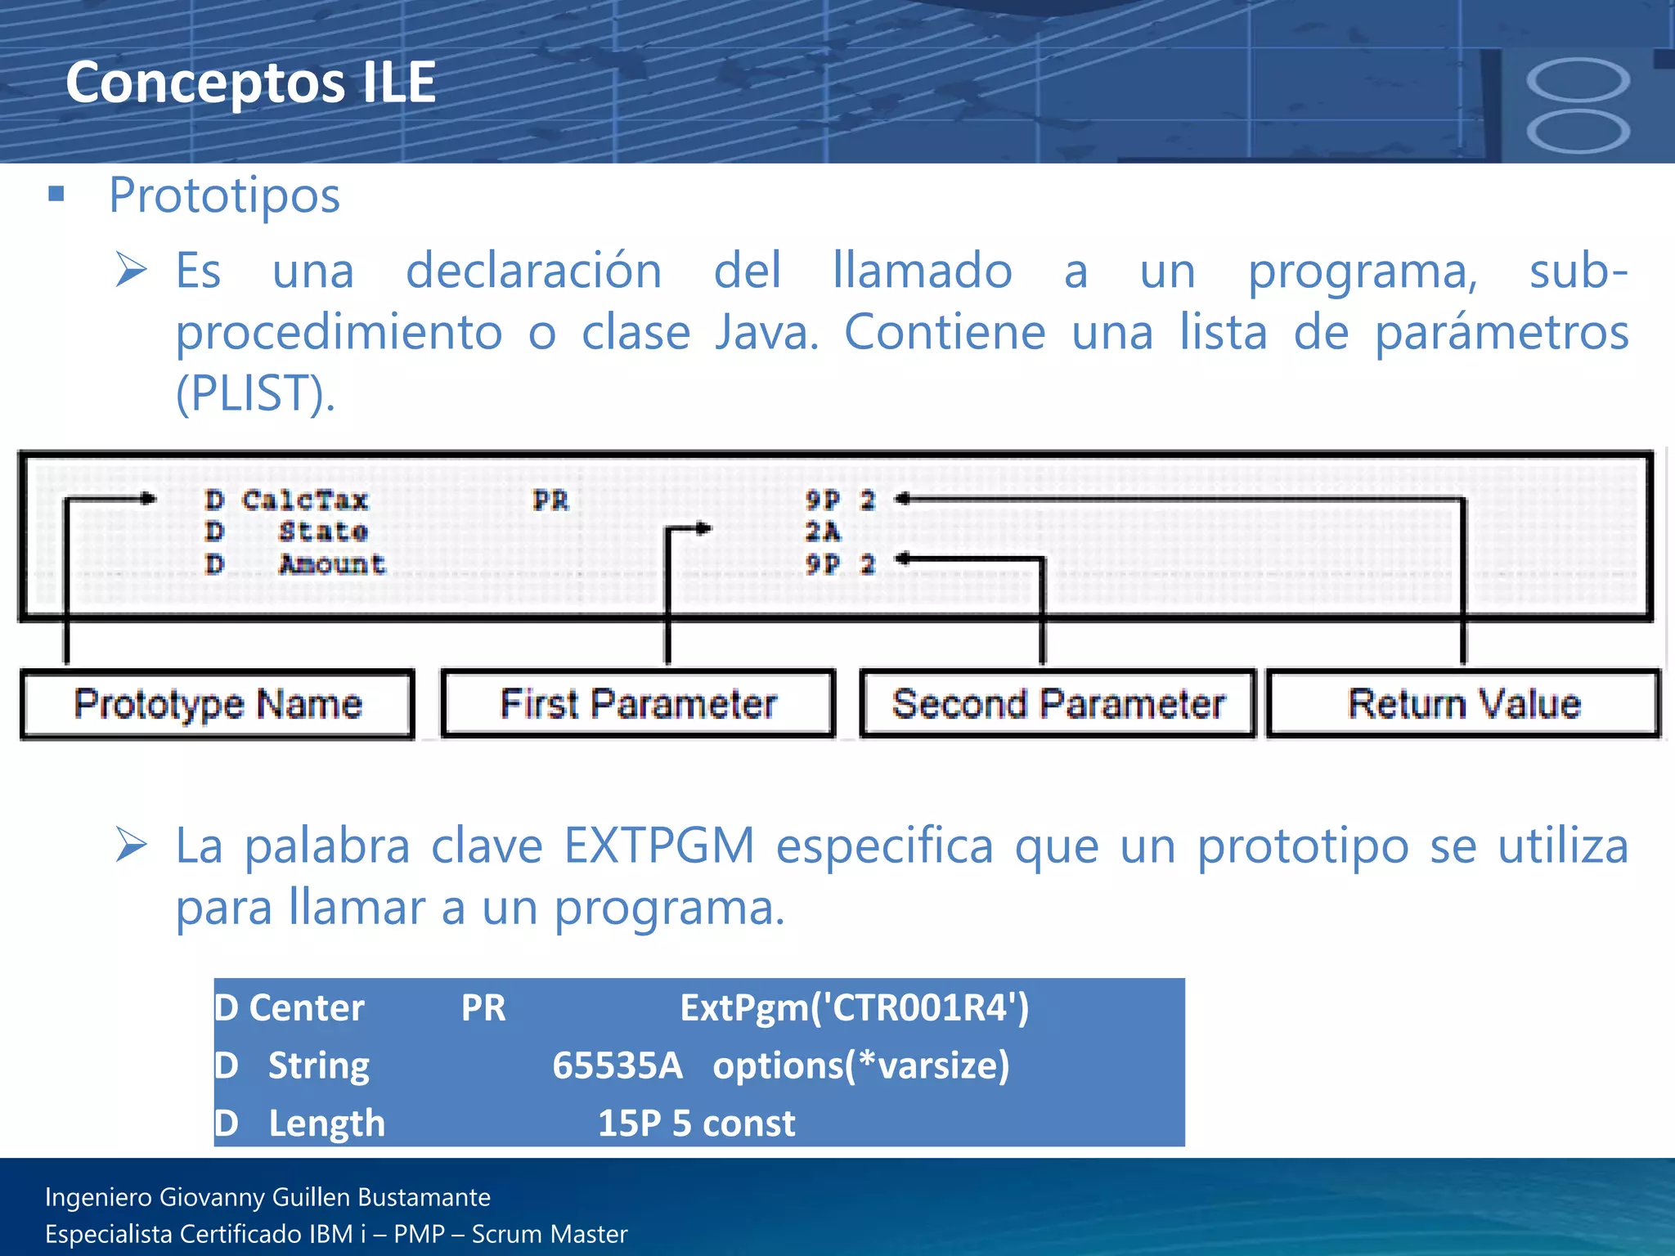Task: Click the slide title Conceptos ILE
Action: point(250,83)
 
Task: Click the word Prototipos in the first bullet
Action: point(224,196)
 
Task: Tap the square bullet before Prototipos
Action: point(56,194)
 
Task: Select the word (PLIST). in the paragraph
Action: point(255,393)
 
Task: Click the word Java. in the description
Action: point(766,333)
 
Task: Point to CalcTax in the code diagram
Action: point(305,500)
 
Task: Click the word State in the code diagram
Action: point(323,532)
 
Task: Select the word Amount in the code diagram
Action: point(332,564)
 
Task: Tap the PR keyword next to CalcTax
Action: point(550,500)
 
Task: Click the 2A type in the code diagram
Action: point(822,532)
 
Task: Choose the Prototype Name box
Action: point(218,705)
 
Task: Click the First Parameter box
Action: point(638,705)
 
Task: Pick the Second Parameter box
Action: point(1058,705)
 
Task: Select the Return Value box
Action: point(1464,705)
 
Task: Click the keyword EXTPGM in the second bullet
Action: point(659,846)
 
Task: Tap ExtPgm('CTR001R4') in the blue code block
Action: point(855,1008)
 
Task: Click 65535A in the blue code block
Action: point(617,1065)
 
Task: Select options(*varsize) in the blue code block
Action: point(860,1065)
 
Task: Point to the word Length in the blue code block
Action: point(326,1124)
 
